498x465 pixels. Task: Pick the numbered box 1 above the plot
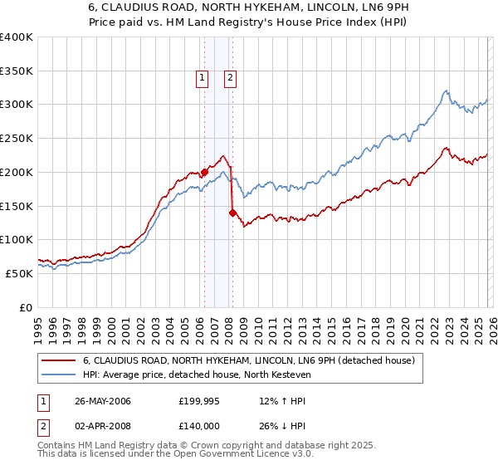202,79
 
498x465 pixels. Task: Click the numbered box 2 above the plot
230,79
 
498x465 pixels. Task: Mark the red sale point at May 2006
204,173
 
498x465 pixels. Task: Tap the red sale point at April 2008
232,213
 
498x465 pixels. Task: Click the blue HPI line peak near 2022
447,91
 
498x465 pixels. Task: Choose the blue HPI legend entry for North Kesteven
196,375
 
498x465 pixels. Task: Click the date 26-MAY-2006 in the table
103,402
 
